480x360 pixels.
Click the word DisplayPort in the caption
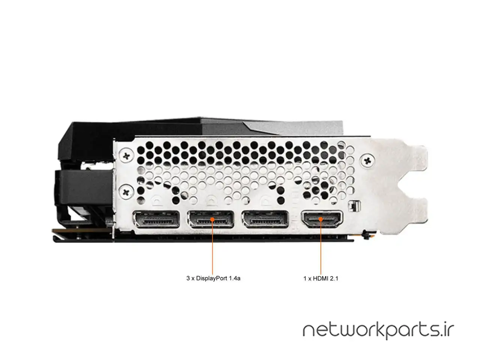[x=210, y=278]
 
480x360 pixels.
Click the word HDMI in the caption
[x=320, y=279]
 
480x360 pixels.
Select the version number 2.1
[x=334, y=279]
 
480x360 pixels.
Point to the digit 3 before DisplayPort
[x=188, y=278]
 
